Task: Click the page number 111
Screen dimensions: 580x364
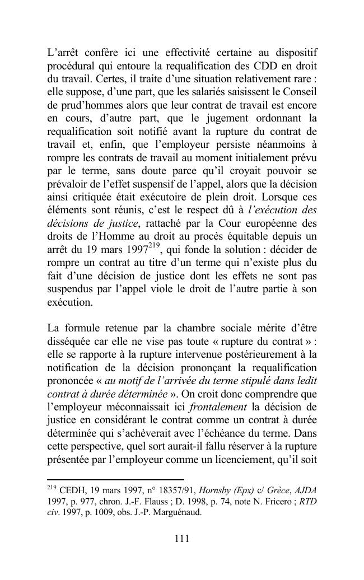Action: click(182, 539)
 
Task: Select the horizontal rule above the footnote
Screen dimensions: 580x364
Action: click(115, 480)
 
